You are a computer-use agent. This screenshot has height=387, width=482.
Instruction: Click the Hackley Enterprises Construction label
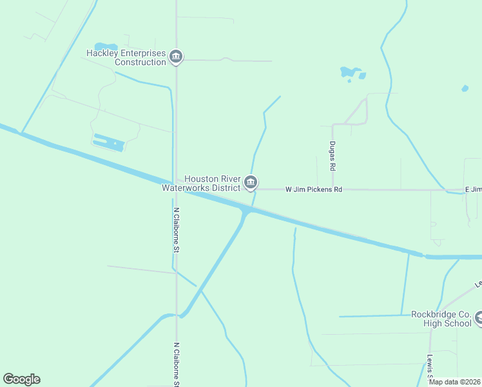(127, 57)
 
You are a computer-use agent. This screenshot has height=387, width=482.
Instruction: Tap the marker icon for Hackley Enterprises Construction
(176, 58)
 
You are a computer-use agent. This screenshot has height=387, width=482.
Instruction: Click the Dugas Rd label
(333, 156)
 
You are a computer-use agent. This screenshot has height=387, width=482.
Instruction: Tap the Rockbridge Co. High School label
(441, 319)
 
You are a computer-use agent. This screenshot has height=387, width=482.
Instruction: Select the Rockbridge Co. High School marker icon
(479, 318)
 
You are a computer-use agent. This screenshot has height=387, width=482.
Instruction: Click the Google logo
(21, 379)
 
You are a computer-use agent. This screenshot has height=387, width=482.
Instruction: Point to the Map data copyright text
(454, 382)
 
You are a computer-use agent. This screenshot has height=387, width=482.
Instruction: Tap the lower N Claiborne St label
(176, 364)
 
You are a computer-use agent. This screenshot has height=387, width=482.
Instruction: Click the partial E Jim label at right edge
(473, 190)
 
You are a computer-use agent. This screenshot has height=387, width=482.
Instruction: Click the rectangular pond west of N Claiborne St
(108, 143)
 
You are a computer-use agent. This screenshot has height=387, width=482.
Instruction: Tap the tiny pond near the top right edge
(465, 88)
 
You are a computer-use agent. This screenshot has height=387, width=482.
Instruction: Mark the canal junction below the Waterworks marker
(247, 212)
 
